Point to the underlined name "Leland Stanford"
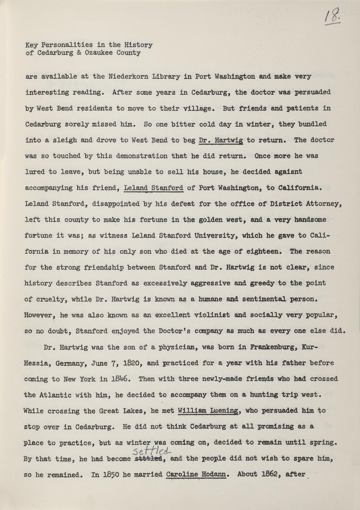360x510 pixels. click(153, 188)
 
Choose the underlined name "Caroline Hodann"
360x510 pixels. click(196, 475)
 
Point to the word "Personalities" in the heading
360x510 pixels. click(65, 45)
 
